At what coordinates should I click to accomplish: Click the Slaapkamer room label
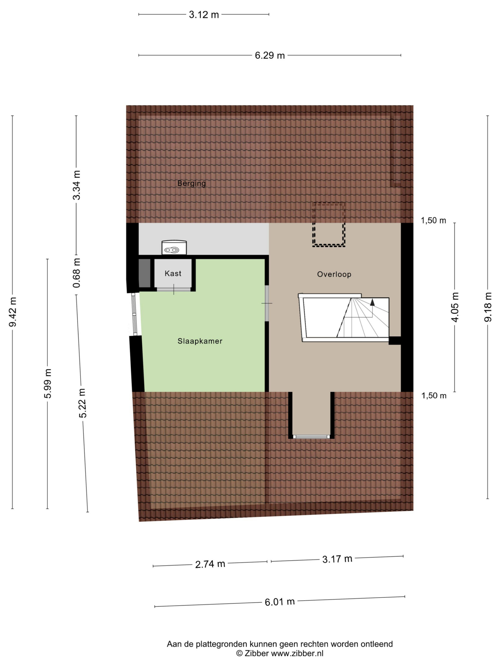200,341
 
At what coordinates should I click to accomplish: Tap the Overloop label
334,274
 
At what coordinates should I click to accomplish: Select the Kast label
173,274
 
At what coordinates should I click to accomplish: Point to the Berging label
191,183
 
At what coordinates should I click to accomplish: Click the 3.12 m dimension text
204,15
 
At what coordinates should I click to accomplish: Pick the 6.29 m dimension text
270,55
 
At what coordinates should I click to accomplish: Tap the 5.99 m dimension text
48,383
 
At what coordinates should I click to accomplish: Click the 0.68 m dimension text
77,273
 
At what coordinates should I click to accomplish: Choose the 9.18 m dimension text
488,307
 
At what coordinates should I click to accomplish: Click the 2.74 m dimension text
210,564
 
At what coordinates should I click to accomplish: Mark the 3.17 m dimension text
337,559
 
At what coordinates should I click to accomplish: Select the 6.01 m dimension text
280,602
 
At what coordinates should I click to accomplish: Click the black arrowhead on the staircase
372,302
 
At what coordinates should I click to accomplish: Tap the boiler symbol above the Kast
174,248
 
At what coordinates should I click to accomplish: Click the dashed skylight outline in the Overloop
328,225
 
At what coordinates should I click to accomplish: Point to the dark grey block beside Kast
144,273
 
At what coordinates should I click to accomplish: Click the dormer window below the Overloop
311,437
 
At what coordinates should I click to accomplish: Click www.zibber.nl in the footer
297,653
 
